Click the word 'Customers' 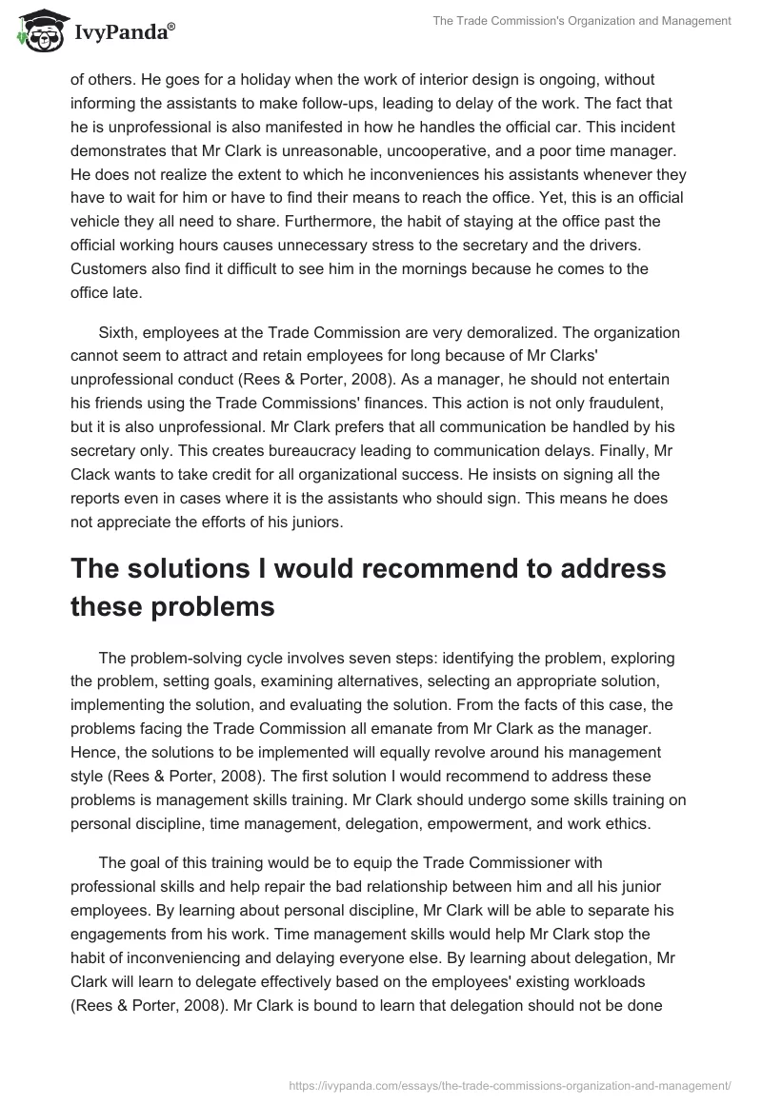click(107, 268)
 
